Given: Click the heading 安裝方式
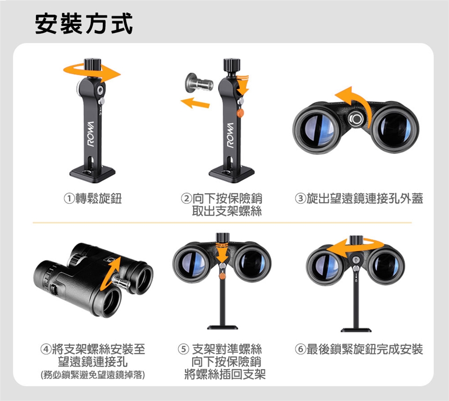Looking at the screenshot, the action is point(84,24).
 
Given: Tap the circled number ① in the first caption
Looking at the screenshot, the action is point(69,198).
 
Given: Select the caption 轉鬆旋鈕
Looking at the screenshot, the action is point(99,198).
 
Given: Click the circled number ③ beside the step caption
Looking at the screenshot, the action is point(301,198).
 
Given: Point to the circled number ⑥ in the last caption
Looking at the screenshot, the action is point(301,350).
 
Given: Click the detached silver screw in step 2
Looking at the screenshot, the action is point(199,83).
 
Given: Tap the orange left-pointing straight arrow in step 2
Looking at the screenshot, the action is point(195,102).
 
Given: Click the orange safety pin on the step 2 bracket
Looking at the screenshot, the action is point(240,113).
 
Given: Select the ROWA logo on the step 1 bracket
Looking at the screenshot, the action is point(91,134).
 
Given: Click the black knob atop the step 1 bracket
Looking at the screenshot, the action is point(93,64).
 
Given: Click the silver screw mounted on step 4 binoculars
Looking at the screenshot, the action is point(121,282).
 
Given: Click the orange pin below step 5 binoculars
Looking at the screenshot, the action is point(222,276).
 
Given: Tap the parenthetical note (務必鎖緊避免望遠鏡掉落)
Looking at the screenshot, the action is point(93,374).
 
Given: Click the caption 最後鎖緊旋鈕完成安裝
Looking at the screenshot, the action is point(364,350).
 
